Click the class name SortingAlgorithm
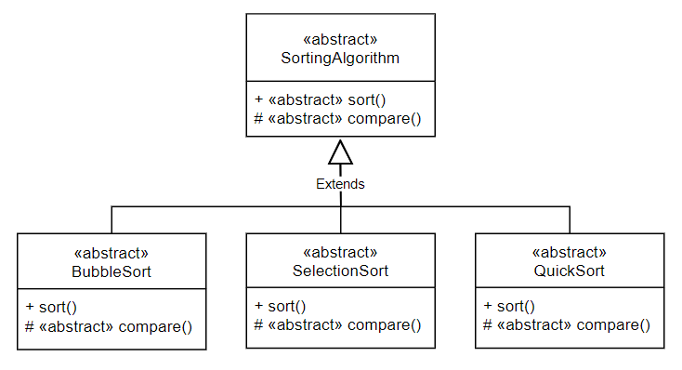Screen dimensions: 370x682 pos(340,58)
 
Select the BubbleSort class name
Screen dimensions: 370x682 pos(111,271)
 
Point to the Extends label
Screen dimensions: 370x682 pos(340,184)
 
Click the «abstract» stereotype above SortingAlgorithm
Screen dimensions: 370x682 pos(340,40)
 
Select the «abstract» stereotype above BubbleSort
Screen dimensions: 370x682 pos(111,254)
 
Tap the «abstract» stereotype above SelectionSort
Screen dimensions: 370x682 pos(340,253)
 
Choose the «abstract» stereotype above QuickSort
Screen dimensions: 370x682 pos(570,253)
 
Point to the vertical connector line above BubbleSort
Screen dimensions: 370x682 pos(111,219)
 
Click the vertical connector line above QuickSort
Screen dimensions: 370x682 pos(570,219)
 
